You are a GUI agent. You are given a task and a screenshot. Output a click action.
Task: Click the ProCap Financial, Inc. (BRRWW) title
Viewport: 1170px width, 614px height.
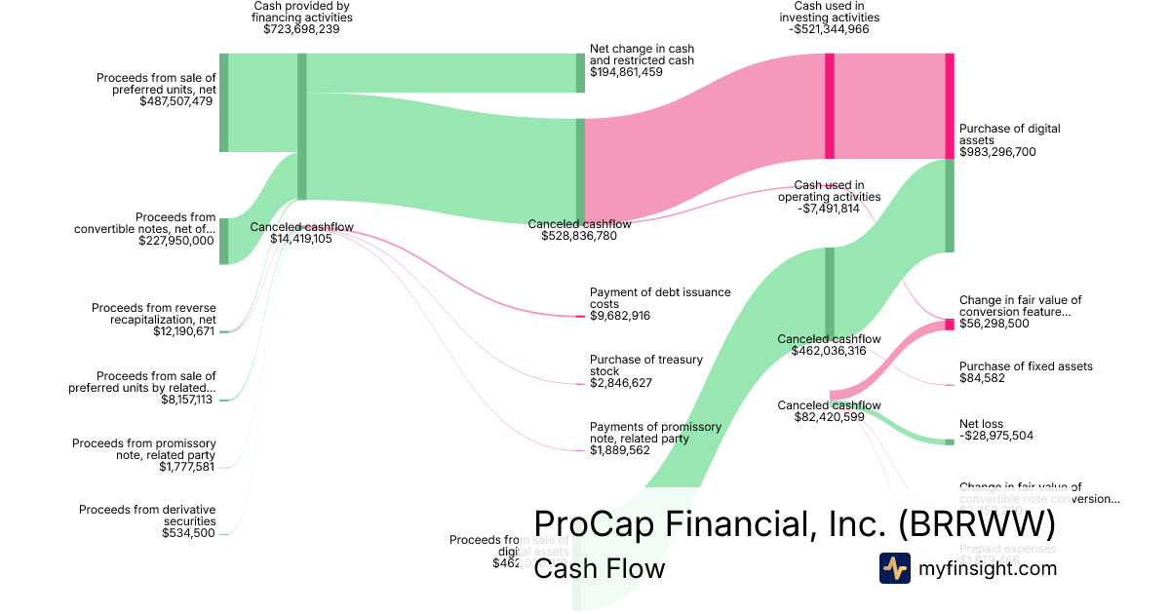795,524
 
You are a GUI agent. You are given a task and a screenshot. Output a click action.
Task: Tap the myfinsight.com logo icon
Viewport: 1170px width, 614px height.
894,568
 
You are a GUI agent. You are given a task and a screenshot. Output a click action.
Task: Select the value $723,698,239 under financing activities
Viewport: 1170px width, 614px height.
301,29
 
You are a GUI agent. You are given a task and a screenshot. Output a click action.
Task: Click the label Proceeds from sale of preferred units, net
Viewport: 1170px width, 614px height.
156,84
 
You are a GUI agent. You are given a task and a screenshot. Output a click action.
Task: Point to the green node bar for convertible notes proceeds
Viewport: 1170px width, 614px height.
223,241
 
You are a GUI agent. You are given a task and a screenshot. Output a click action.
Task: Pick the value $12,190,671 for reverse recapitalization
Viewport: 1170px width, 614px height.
184,331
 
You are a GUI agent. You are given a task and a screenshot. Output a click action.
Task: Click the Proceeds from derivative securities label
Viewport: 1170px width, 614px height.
147,515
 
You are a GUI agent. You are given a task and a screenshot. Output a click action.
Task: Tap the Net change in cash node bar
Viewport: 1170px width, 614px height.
580,73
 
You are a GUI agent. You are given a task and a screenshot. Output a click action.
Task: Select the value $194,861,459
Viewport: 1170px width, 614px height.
640,72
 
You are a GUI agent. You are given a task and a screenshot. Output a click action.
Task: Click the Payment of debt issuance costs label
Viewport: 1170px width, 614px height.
646,297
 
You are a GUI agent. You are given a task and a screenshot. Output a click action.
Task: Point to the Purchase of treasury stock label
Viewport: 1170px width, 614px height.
646,365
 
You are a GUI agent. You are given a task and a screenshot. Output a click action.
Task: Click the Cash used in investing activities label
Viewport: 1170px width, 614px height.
830,12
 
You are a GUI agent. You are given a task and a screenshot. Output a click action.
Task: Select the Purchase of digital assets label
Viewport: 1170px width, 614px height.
1010,134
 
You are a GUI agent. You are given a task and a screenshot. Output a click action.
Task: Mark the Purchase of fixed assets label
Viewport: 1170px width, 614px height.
1026,366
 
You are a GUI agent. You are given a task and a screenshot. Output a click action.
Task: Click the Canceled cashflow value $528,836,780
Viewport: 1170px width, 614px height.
579,236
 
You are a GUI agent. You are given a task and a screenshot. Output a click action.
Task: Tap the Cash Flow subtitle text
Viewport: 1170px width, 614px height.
599,569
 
